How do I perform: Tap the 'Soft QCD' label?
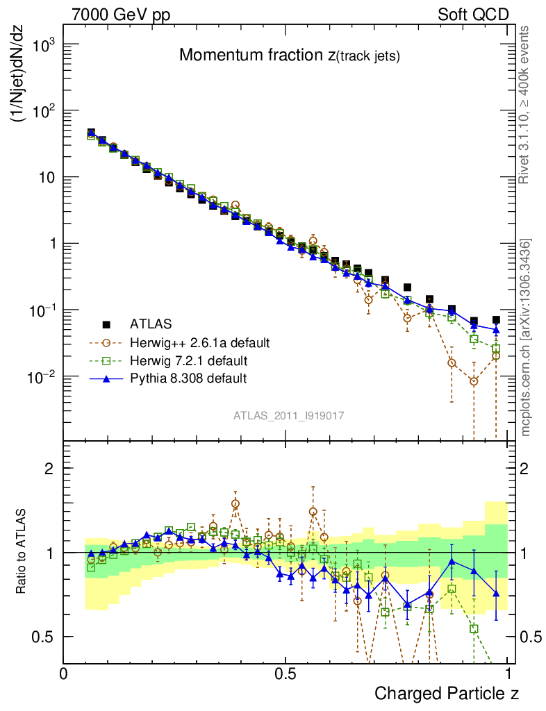tap(473, 15)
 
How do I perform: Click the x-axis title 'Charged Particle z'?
tap(446, 692)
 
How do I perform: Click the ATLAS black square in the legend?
tap(106, 324)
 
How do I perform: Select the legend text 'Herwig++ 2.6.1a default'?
tap(199, 343)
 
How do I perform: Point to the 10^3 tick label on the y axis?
tap(43, 45)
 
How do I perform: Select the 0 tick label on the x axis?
tap(64, 674)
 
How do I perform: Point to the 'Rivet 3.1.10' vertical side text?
tap(524, 104)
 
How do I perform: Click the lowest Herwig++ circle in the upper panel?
tap(474, 381)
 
